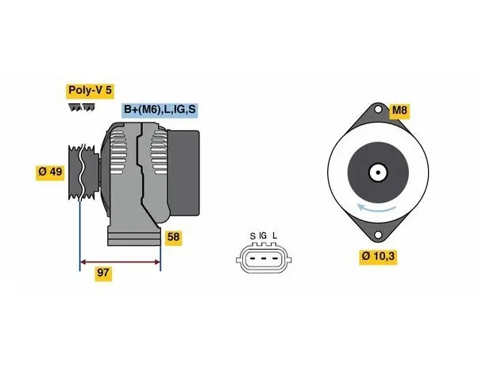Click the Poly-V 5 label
tap(90, 91)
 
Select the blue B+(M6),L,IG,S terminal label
tap(160, 110)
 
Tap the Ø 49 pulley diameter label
tap(50, 172)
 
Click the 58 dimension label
tap(173, 238)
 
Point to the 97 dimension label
tap(103, 273)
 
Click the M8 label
tap(399, 111)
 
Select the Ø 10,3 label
tap(378, 257)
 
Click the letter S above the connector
tap(253, 236)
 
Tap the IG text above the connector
tap(263, 236)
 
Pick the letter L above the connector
tap(275, 236)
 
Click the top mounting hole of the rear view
tap(378, 110)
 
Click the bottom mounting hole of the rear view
tap(378, 235)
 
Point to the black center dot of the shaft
tap(378, 173)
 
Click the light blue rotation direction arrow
tap(376, 209)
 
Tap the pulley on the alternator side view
tap(83, 172)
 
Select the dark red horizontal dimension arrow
tap(120, 262)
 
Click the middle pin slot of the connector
tap(263, 258)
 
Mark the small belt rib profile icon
tap(82, 107)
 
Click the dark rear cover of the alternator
tap(183, 173)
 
